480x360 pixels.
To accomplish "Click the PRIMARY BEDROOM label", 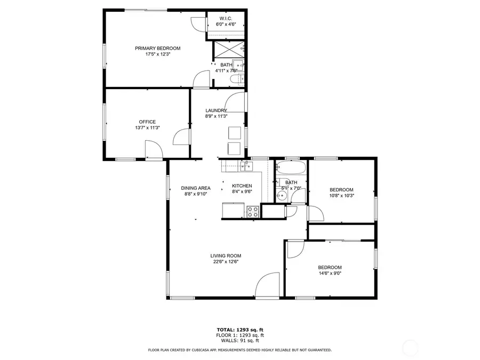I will pos(157,49).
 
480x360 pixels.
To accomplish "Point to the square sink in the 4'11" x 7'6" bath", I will pos(239,66).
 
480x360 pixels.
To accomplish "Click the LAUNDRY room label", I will pos(216,110).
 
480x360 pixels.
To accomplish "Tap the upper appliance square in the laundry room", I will pos(235,132).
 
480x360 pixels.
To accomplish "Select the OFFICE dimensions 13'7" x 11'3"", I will pos(147,128).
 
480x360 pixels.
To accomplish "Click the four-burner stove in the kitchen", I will pos(253,211).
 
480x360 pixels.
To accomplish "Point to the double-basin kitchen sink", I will pos(245,166).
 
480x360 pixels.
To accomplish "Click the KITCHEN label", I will pos(242,186).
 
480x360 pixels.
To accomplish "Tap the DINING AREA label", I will pos(195,188).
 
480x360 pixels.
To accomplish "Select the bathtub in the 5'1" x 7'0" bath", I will pos(291,169).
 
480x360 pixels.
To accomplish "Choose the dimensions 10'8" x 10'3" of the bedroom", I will pos(341,196).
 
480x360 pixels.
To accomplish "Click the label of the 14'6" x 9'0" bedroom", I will pos(330,267).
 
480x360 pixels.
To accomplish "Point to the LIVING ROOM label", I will pos(226,255).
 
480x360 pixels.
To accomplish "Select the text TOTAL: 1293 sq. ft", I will pos(239,330).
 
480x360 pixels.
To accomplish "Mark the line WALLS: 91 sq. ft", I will pos(239,340).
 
